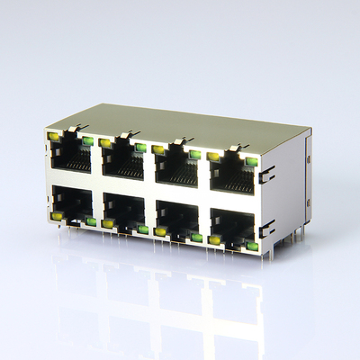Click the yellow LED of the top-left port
point(54,137)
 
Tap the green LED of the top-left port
point(87,141)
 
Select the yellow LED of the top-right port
point(213,157)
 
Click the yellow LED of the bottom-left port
point(57,217)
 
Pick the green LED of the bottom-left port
point(91,221)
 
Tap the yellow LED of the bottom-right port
point(215,239)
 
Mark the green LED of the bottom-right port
point(252,245)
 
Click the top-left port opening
point(70,160)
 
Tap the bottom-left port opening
point(72,202)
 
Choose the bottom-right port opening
point(233,222)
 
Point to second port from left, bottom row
point(123,209)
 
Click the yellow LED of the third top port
point(158,149)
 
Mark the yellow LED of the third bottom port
point(160,231)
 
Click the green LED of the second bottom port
point(143,229)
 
